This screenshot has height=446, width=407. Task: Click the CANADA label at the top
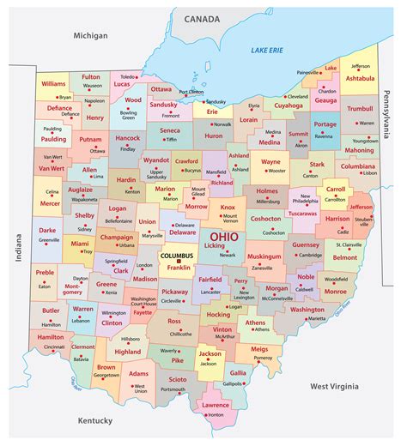click(x=203, y=17)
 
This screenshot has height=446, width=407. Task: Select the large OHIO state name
click(x=225, y=235)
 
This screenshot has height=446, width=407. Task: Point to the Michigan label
click(x=90, y=35)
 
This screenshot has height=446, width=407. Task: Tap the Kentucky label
click(x=94, y=420)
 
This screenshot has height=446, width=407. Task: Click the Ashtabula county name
click(x=360, y=78)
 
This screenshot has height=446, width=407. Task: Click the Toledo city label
click(x=128, y=76)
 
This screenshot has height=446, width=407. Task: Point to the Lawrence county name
click(x=215, y=405)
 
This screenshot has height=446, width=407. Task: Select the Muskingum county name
click(x=264, y=256)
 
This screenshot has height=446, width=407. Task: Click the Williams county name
click(x=53, y=84)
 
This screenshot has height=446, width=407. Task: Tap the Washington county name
click(x=307, y=310)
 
